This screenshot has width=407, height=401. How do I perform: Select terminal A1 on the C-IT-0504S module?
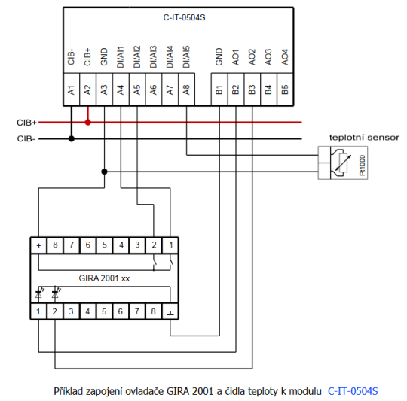point(71,90)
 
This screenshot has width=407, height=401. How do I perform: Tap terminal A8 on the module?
point(186,90)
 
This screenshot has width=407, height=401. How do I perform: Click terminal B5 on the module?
point(285,90)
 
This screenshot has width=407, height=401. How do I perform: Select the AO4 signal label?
point(285,59)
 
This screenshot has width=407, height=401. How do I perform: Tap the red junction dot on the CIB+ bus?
point(88,121)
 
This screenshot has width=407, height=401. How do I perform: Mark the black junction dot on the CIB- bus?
point(72,138)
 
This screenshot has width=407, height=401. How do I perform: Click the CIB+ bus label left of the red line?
point(27,122)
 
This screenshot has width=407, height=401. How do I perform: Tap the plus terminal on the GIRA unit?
point(38,245)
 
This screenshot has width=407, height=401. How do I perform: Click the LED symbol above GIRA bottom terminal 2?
point(55,292)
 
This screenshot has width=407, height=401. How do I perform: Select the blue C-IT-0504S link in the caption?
point(353,391)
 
